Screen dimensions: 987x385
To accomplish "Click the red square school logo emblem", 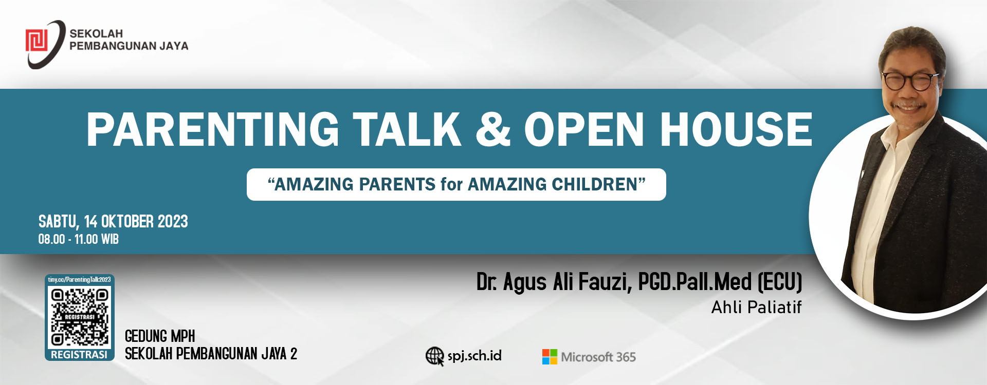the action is tap(36, 41).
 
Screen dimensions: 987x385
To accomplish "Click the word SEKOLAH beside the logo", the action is tap(96, 33).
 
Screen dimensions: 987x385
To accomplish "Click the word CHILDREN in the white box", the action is tap(594, 184).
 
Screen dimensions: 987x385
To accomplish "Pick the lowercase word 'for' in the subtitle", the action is tap(451, 184).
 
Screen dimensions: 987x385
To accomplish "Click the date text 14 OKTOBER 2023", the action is tap(136, 222).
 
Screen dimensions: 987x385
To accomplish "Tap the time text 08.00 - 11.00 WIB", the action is tap(78, 239).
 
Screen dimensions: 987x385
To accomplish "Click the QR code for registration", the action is tap(79, 317).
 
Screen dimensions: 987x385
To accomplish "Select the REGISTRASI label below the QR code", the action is tap(79, 355).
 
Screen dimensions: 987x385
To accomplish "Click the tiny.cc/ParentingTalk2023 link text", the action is tap(79, 280).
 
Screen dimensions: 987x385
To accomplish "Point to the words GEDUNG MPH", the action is tap(160, 336).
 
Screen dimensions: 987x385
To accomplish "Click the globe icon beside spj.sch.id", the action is tap(435, 356).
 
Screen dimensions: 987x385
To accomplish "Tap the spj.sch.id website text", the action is tap(474, 356).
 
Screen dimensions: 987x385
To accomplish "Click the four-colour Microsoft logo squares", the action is tap(550, 357).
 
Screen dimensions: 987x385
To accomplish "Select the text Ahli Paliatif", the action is tap(756, 307).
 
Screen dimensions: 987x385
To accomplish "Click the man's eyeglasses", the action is tap(909, 81).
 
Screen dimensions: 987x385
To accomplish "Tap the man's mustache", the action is tap(909, 105).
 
